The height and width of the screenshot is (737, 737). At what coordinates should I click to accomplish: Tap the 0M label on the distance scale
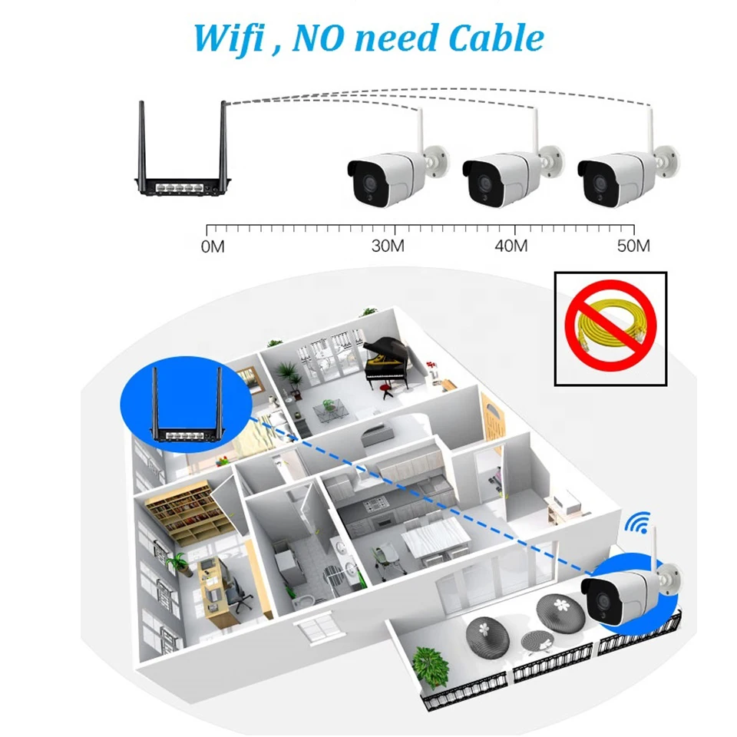[x=213, y=246]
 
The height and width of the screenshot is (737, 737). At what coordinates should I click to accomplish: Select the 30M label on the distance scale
[x=388, y=246]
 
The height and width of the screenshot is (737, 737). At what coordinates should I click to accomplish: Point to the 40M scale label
[x=511, y=246]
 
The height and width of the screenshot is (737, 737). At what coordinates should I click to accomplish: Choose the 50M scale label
[x=633, y=246]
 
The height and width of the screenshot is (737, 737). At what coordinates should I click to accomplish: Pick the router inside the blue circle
[x=186, y=405]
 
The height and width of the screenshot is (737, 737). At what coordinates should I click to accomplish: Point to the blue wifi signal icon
[x=637, y=523]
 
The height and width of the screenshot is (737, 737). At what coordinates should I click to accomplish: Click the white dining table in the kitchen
[x=435, y=536]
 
